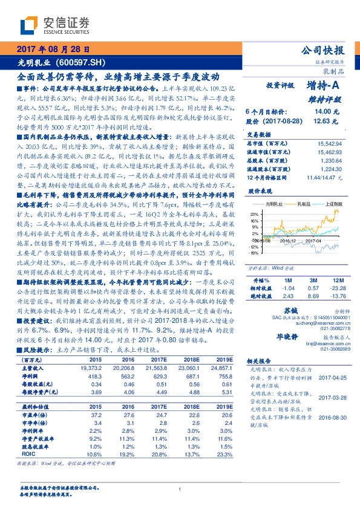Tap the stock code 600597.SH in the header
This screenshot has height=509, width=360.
pos(84,62)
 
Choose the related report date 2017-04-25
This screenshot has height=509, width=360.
pos(332,394)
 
